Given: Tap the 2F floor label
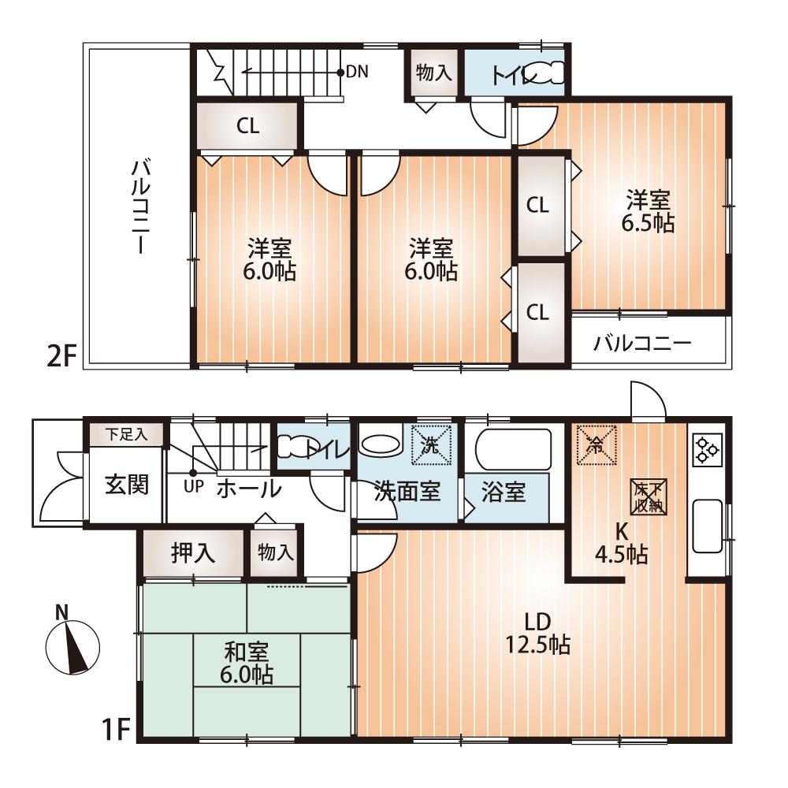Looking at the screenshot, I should click(x=61, y=356).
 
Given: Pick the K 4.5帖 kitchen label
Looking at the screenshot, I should click(x=621, y=544).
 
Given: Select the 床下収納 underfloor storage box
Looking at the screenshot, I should click(x=649, y=497).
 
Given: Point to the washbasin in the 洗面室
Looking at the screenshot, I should click(x=380, y=443).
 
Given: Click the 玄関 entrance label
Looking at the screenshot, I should click(x=126, y=484).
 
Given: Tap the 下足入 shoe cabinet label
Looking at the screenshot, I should click(x=126, y=433).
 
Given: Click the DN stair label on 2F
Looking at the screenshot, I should click(x=357, y=72).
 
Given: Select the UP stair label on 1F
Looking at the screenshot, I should click(x=192, y=485).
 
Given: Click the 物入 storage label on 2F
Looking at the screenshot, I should click(x=433, y=74).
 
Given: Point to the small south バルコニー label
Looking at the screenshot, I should click(x=642, y=344).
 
